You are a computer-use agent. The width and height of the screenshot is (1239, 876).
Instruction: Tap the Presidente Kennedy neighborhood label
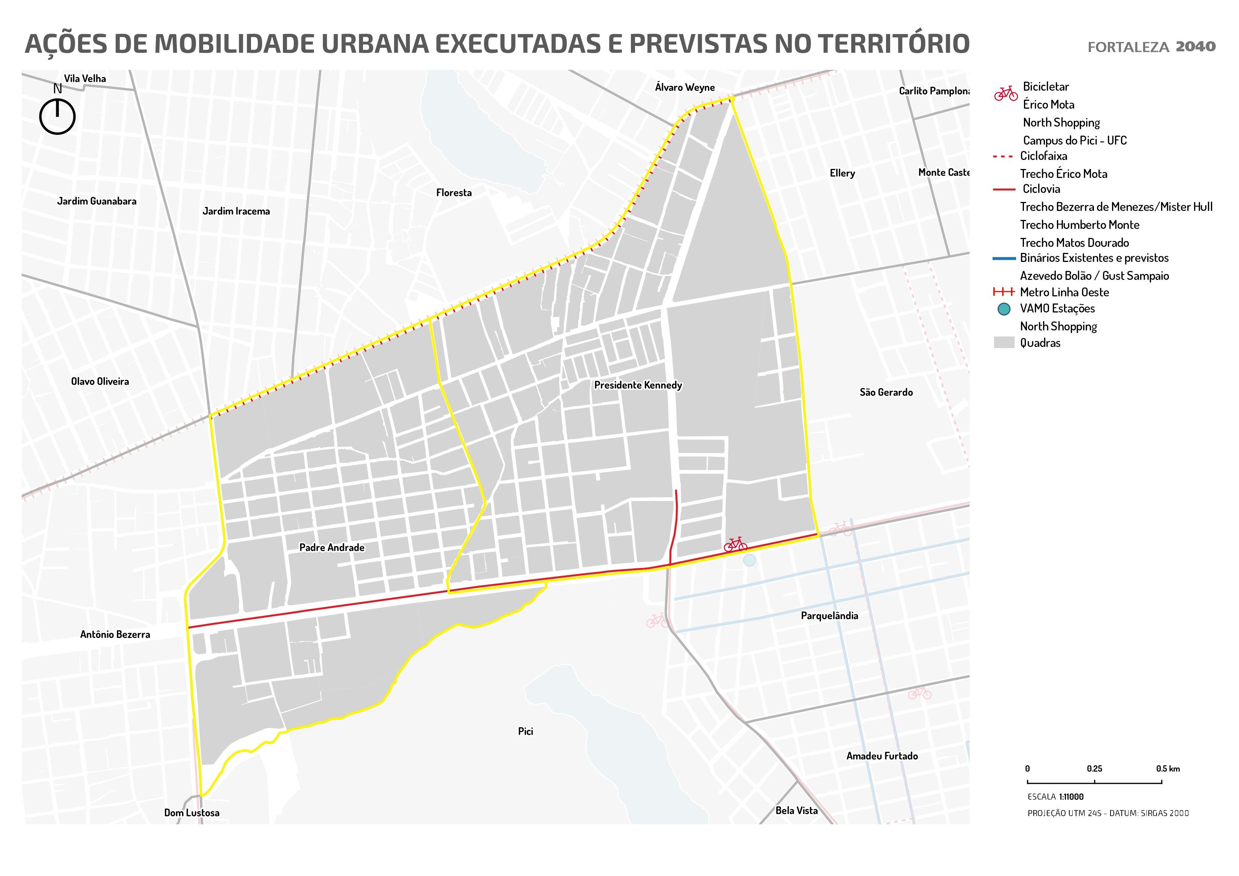coord(638,386)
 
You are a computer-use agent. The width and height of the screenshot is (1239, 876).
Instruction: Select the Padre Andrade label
coord(332,548)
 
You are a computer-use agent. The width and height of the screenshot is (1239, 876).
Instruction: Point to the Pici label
coord(525,731)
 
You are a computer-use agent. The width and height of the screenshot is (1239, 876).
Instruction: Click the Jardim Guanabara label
coord(97,201)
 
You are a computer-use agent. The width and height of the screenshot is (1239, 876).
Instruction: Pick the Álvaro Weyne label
coord(685,87)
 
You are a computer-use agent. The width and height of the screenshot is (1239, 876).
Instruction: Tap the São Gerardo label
coord(886,392)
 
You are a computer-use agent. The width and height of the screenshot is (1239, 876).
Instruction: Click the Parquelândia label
coord(829,616)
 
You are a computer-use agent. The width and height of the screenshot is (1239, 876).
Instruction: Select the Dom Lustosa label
coord(191,813)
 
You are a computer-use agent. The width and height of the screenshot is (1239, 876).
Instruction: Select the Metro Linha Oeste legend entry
coord(1064,293)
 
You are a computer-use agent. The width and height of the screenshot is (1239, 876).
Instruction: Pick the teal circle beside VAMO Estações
coord(1004,309)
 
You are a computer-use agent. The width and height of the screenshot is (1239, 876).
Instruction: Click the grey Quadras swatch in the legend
coord(1004,343)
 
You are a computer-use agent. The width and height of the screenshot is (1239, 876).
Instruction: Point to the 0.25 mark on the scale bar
coord(1094,781)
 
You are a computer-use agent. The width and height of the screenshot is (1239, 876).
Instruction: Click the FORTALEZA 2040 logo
coord(1151,47)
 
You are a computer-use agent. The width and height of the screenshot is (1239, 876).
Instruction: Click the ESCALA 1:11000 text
coord(1055,797)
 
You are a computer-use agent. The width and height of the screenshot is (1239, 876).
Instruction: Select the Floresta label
coord(454,193)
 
